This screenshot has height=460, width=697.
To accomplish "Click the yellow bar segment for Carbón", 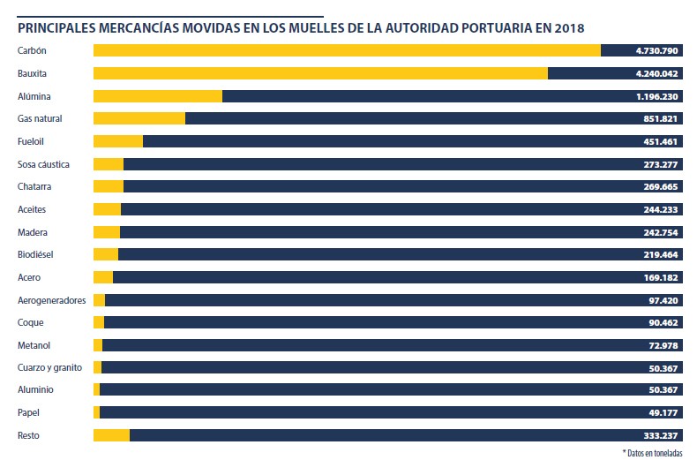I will (x=346, y=50).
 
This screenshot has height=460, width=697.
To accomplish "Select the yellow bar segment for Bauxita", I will (x=319, y=73).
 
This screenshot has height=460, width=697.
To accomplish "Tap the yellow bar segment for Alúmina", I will (x=157, y=96).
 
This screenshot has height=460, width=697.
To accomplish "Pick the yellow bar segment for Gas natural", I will (x=139, y=118).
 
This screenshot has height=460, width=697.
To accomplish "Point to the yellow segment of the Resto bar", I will (x=111, y=435).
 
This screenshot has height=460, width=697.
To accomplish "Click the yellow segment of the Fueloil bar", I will (x=117, y=141).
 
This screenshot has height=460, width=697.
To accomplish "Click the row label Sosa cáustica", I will (x=43, y=164).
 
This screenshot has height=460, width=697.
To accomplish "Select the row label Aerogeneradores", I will (x=51, y=300).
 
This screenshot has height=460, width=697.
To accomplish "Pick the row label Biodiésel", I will (x=36, y=255).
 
